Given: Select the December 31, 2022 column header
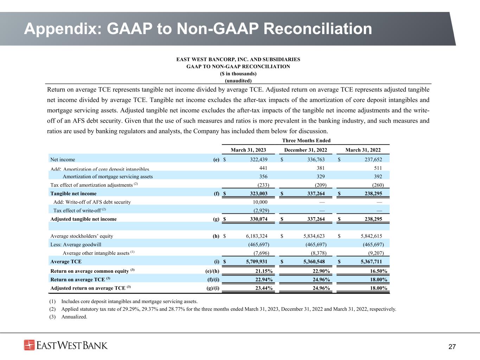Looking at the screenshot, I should [x=306, y=150].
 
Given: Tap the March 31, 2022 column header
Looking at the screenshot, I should [x=363, y=150].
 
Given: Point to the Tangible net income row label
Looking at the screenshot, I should [x=73, y=194].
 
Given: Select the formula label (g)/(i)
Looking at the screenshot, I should [x=211, y=288].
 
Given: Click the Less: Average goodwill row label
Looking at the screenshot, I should [x=76, y=245].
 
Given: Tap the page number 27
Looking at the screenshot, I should [x=452, y=347].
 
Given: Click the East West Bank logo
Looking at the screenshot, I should [x=66, y=345].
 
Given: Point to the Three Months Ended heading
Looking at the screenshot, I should [x=306, y=141].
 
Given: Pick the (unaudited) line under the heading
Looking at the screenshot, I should [x=238, y=81].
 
